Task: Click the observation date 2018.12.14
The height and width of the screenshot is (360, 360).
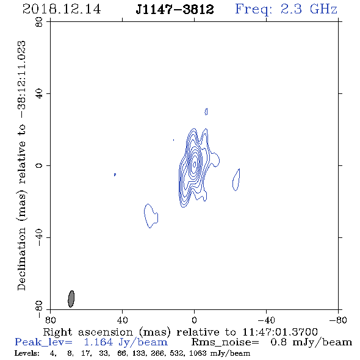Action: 62,9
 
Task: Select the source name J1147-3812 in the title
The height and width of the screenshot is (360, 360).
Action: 175,9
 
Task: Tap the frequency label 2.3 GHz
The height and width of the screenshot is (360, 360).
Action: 309,9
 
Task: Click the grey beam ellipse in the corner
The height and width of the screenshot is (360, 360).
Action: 71,299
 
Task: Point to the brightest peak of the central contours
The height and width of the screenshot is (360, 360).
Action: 195,164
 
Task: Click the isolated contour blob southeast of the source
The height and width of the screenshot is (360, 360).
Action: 151,216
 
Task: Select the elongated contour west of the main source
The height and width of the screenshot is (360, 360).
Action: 236,180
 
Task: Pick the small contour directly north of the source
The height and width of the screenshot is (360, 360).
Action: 206,112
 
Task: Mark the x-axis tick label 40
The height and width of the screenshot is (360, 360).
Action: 122,320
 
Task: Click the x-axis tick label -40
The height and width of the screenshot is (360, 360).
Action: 266,320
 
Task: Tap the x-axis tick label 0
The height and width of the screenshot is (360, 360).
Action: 194,320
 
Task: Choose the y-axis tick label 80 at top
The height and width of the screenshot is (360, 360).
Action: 39,22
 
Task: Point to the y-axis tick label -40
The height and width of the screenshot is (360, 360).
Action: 39,237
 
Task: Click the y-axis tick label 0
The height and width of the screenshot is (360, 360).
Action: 39,165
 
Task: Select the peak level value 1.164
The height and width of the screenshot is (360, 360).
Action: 98,342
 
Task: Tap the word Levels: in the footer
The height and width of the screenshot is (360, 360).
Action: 27,353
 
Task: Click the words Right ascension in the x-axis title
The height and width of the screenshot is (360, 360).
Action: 88,332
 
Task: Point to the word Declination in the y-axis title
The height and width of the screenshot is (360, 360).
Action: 21,259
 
